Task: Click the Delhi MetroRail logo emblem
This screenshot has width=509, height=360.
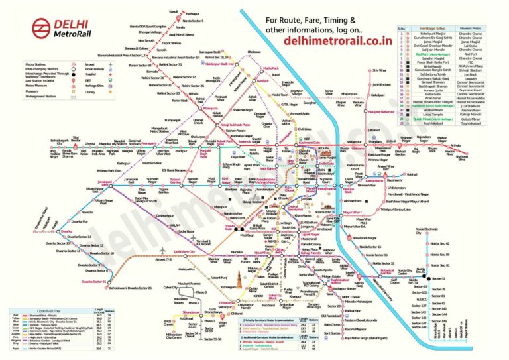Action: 40,29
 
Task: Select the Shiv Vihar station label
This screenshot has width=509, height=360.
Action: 378,70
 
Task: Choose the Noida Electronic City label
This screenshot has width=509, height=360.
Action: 427,231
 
